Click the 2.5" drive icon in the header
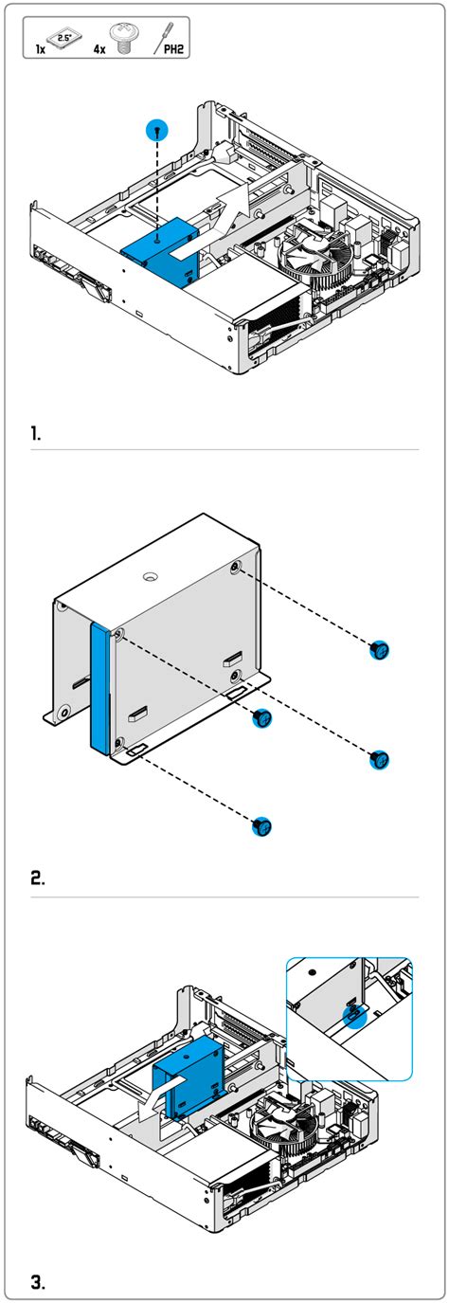pos(63,39)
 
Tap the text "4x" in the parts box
pos(99,45)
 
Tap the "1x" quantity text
pos(41,45)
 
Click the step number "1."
pos(36,434)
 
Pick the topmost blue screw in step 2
pos(379,650)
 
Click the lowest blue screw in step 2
pos(262,825)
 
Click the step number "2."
pos(37,877)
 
